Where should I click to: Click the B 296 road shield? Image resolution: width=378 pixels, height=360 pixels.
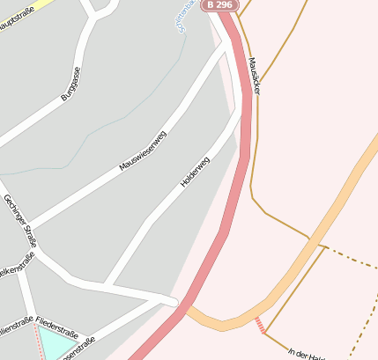pyautogui.click(x=221, y=5)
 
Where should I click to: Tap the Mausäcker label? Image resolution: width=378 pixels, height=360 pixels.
pyautogui.click(x=254, y=77)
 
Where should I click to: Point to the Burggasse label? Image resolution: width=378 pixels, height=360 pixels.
pyautogui.click(x=70, y=84)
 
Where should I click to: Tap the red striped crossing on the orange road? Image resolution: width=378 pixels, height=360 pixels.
pyautogui.click(x=259, y=325)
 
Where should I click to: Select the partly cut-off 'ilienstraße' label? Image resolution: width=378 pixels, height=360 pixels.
pyautogui.click(x=15, y=321)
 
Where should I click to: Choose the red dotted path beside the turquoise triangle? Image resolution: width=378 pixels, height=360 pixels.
pyautogui.click(x=36, y=338)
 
